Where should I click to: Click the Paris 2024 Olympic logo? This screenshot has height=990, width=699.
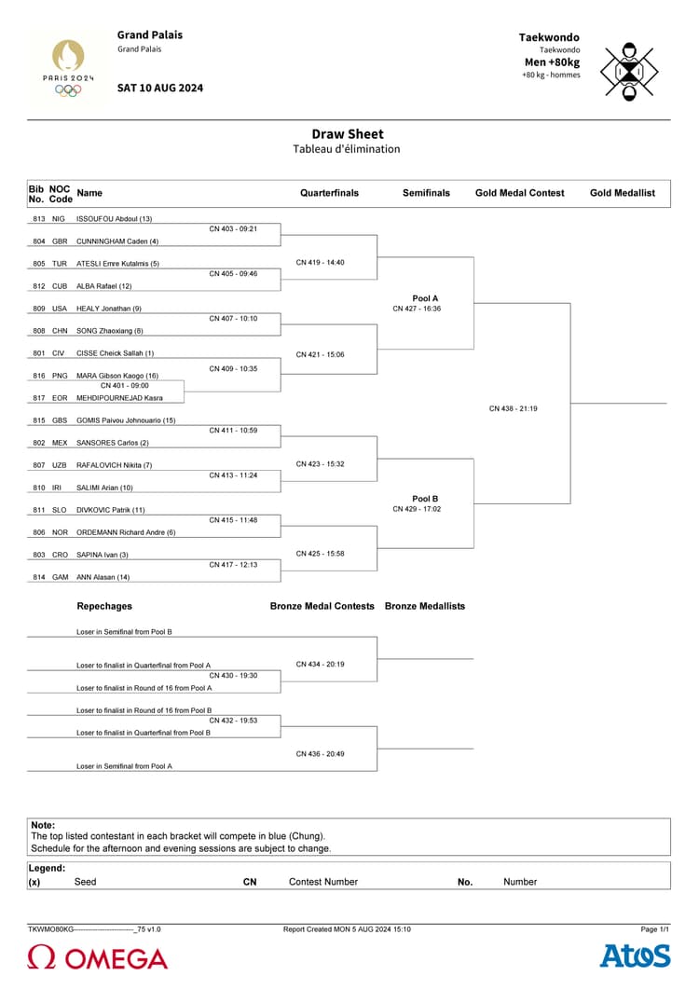[x=68, y=66]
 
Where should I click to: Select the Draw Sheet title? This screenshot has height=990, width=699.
[x=347, y=134]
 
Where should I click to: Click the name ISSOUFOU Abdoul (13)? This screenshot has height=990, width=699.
[x=114, y=219]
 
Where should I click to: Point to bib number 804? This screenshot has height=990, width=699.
[x=39, y=241]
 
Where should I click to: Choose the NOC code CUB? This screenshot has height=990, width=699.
[x=60, y=286]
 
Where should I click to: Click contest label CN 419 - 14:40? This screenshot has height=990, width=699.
[x=320, y=263]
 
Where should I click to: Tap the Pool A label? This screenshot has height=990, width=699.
[x=425, y=298]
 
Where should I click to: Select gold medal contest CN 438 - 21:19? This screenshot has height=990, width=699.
[x=513, y=408]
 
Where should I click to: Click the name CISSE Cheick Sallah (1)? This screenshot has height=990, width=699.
[x=115, y=353]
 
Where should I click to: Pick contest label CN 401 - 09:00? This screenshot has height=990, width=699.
[x=124, y=385]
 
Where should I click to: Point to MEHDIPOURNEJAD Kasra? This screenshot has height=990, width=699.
[x=119, y=398]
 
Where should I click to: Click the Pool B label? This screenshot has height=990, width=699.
[x=425, y=499]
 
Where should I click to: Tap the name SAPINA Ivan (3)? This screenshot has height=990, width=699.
[x=103, y=555]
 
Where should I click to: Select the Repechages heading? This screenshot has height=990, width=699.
[x=104, y=606]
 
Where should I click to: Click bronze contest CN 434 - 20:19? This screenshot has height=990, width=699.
[x=320, y=665]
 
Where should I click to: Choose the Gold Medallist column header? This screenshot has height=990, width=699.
[x=622, y=193]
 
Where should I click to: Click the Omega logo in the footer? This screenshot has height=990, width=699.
[x=98, y=958]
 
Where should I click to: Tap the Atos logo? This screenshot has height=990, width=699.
[x=635, y=956]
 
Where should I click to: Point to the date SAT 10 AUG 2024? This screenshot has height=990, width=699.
[x=160, y=88]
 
